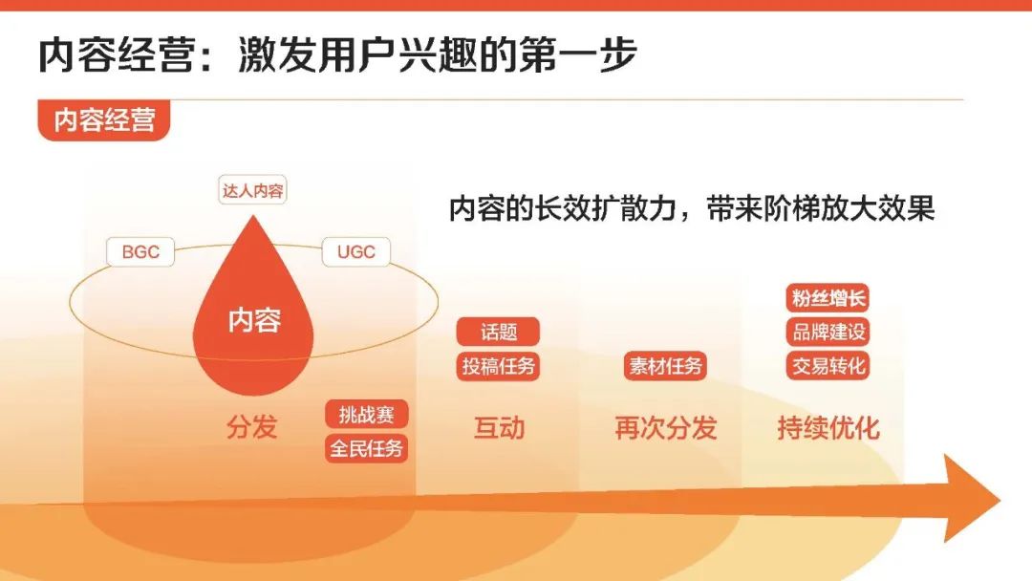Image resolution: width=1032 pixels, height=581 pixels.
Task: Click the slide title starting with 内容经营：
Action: (x=337, y=54)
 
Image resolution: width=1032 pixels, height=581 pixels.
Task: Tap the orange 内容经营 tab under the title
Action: (x=104, y=119)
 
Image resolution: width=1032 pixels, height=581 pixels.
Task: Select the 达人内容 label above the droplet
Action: (x=252, y=190)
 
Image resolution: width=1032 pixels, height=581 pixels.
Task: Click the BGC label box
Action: (x=140, y=251)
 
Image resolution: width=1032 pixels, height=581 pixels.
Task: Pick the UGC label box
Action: (x=356, y=251)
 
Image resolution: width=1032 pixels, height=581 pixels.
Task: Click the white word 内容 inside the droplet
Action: (x=254, y=320)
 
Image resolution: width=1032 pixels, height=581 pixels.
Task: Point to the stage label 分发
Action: (x=252, y=426)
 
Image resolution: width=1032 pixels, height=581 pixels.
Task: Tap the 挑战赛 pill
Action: (x=367, y=415)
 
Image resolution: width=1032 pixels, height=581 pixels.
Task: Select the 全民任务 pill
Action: (x=367, y=449)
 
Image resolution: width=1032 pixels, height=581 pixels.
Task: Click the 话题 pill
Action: (x=498, y=332)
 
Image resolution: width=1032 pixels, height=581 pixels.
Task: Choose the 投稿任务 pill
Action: (x=498, y=366)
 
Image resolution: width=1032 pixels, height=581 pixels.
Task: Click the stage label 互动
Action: (x=500, y=428)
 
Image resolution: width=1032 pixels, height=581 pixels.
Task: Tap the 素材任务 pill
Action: (x=665, y=366)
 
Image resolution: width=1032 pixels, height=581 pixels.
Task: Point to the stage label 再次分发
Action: (x=665, y=428)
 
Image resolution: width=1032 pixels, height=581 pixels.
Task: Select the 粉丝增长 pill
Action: (x=828, y=298)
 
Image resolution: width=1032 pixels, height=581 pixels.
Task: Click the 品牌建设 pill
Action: (x=828, y=332)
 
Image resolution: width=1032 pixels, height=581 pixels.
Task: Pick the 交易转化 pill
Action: (x=828, y=366)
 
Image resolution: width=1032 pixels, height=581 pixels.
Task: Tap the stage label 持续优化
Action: (x=828, y=428)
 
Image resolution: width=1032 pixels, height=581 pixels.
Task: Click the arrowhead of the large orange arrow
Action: (x=973, y=499)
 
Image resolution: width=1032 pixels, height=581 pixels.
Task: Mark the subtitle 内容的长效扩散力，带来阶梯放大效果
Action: (x=692, y=208)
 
